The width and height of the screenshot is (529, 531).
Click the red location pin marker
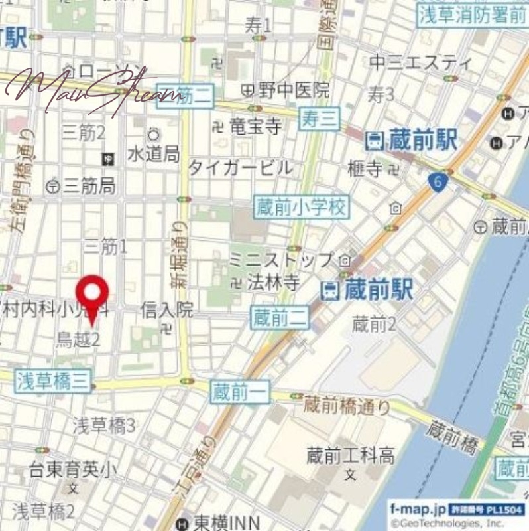tap(92, 297)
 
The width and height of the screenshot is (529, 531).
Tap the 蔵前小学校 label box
tap(301, 208)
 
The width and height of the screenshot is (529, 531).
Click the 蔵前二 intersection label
tap(280, 319)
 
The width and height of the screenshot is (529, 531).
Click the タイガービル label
tap(240, 167)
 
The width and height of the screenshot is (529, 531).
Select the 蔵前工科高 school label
tap(350, 456)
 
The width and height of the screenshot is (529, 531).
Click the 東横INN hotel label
tap(219, 524)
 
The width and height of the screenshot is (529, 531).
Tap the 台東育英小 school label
tap(73, 471)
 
